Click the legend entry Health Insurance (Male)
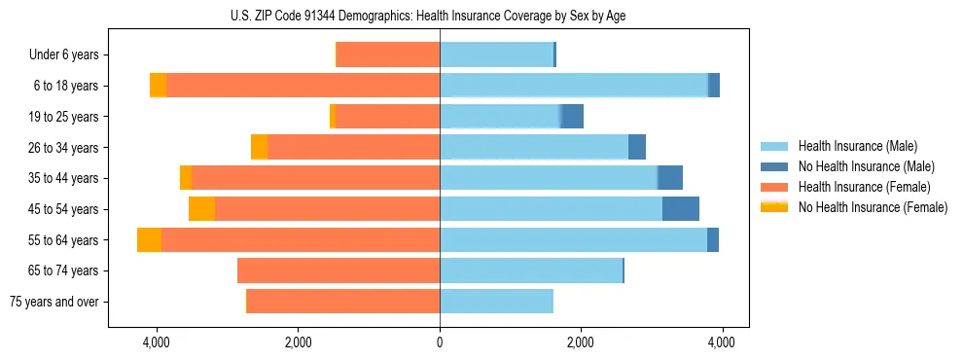(x=852, y=147)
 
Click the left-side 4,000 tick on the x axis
(x=156, y=342)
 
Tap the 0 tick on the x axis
(x=440, y=342)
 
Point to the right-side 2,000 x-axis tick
(x=581, y=342)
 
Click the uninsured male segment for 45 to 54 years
(x=681, y=209)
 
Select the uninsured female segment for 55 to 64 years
(x=149, y=240)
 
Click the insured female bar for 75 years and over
(x=343, y=302)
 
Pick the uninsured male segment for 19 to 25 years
(x=572, y=117)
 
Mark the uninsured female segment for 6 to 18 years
(x=158, y=86)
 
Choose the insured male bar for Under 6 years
(x=496, y=55)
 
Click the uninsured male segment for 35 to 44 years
(x=670, y=178)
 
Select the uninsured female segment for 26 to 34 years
(x=259, y=148)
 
